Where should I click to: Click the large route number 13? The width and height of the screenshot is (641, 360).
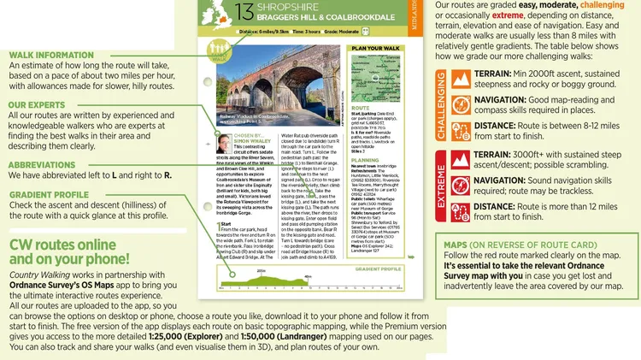pyautogui.click(x=244, y=12)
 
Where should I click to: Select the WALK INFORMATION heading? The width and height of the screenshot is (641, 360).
pyautogui.click(x=51, y=56)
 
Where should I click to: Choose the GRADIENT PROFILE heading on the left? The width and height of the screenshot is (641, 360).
pyautogui.click(x=50, y=195)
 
